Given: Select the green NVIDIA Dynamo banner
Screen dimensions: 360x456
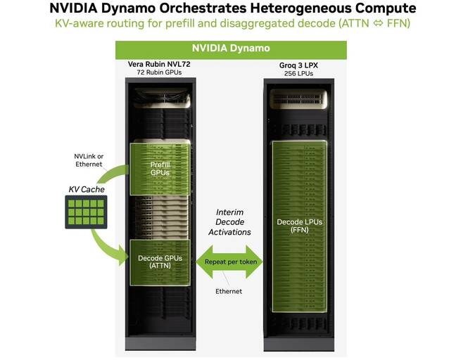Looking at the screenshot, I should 231,50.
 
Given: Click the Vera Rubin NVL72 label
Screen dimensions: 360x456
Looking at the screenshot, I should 159,65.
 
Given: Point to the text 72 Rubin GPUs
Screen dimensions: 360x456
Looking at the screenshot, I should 159,73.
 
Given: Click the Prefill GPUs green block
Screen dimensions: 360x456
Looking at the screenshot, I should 160,168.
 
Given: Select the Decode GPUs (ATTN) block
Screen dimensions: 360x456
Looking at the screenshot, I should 160,262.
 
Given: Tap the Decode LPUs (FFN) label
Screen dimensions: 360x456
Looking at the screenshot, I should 300,226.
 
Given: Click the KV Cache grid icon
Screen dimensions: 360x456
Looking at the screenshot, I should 85,210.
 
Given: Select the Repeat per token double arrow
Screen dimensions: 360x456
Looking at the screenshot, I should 231,262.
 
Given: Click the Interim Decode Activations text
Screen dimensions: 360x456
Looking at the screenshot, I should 231,222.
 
